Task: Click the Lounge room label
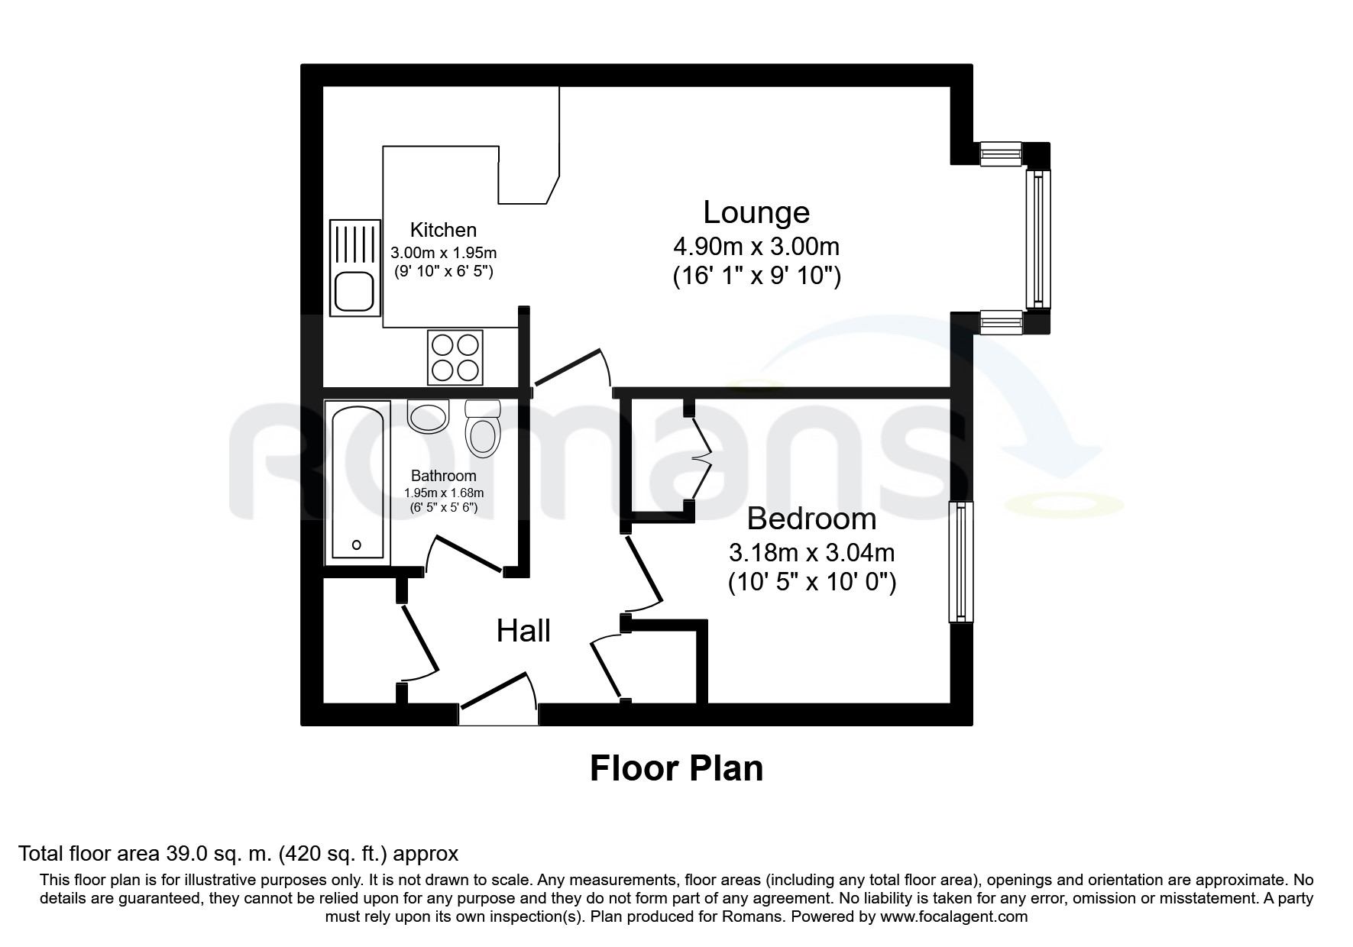756,212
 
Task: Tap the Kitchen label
443,230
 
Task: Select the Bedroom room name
811,519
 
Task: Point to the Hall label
523,631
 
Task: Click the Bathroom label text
443,476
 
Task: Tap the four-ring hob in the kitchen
455,357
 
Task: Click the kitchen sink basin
354,291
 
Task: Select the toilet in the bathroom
481,431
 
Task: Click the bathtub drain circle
357,545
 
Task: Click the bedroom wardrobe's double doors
701,459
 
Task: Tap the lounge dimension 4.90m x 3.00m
756,247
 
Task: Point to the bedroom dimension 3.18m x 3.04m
811,551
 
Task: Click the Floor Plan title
676,768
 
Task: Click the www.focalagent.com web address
953,916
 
